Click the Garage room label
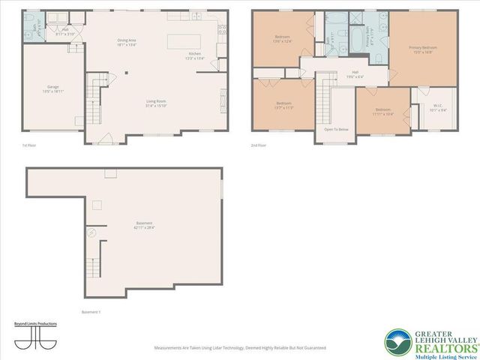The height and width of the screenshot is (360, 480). point(52,89)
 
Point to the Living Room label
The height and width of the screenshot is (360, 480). point(156,104)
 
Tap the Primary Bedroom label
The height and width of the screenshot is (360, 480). point(422,49)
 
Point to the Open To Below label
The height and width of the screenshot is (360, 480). point(335,129)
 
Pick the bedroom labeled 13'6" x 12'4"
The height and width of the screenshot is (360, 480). point(283,38)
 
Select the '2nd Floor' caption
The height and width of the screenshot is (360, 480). point(258,146)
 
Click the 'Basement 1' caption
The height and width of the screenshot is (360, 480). point(90,311)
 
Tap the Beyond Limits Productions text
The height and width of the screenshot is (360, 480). point(35,324)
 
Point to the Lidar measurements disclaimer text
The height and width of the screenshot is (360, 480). point(239,347)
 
